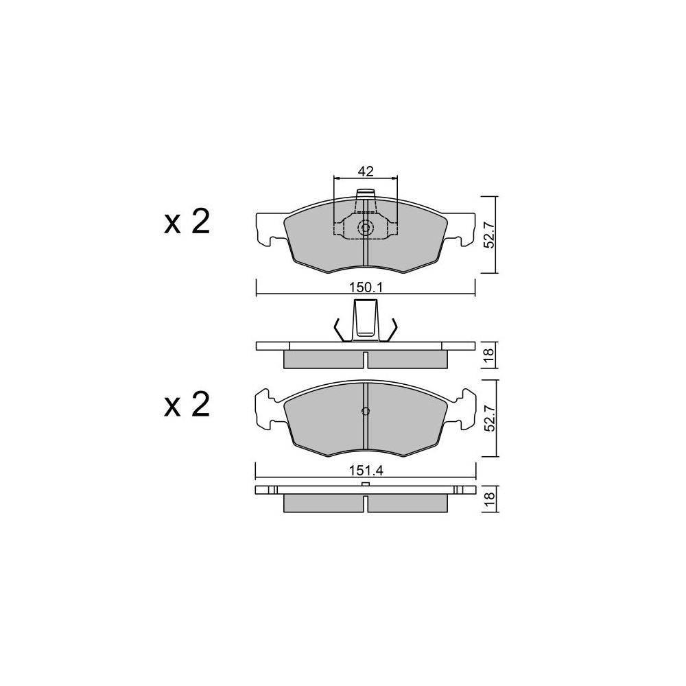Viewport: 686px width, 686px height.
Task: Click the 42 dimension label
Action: click(x=366, y=171)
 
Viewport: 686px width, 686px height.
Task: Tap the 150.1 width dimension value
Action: click(x=366, y=287)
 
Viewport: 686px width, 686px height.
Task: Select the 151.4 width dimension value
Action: click(x=366, y=471)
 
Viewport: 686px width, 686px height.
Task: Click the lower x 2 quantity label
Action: click(x=187, y=405)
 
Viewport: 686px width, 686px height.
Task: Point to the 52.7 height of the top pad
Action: click(x=489, y=235)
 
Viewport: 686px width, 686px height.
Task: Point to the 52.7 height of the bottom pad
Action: click(x=489, y=418)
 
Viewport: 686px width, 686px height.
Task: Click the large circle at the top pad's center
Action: click(x=365, y=228)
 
